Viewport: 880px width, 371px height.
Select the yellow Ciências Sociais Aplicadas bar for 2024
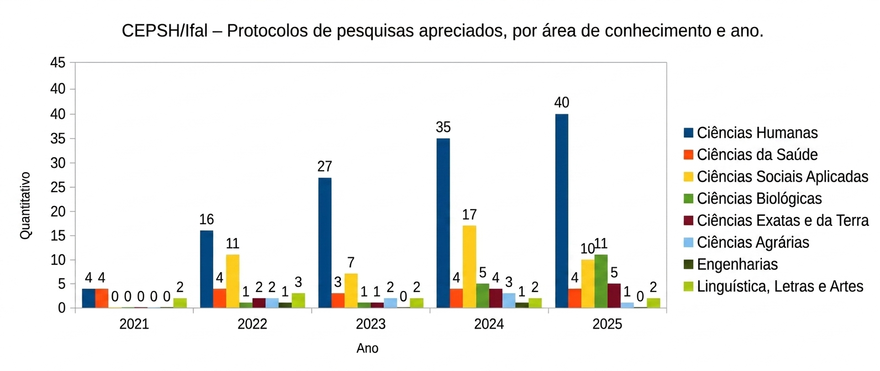pyautogui.click(x=469, y=266)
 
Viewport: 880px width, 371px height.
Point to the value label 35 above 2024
pyautogui.click(x=443, y=128)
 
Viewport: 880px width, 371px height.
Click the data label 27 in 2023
pyautogui.click(x=324, y=167)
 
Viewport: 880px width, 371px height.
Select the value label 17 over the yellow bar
pyautogui.click(x=469, y=215)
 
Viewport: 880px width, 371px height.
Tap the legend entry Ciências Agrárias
pyautogui.click(x=752, y=242)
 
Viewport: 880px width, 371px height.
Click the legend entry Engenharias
pyautogui.click(x=737, y=264)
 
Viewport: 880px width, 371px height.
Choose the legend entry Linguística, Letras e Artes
pyautogui.click(x=779, y=287)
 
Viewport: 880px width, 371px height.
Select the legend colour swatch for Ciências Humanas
pyautogui.click(x=688, y=133)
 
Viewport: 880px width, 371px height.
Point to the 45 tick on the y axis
pyautogui.click(x=57, y=63)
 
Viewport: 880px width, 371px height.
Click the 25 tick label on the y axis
pyautogui.click(x=57, y=187)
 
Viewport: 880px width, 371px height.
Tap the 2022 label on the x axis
pyautogui.click(x=252, y=324)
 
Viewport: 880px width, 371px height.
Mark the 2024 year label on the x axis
pyautogui.click(x=488, y=324)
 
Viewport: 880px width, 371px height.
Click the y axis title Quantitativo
pyautogui.click(x=25, y=205)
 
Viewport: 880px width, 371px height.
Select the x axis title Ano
pyautogui.click(x=367, y=349)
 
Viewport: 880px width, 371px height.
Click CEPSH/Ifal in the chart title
pyautogui.click(x=164, y=31)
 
